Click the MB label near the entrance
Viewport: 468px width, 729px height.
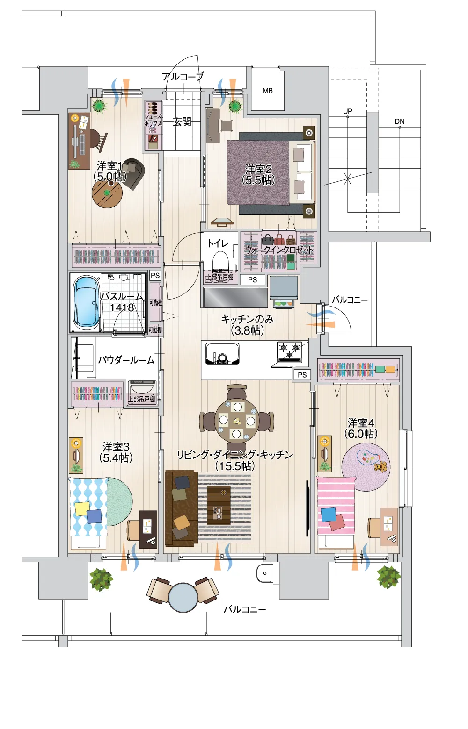pyautogui.click(x=268, y=91)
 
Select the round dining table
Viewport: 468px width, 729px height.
pyautogui.click(x=237, y=420)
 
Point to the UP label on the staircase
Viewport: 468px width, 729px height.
pyautogui.click(x=347, y=111)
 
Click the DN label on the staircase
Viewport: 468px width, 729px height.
pyautogui.click(x=400, y=121)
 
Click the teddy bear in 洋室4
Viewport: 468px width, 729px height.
pyautogui.click(x=381, y=467)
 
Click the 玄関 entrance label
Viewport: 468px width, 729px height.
pyautogui.click(x=182, y=121)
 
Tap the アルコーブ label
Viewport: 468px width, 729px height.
pyautogui.click(x=183, y=77)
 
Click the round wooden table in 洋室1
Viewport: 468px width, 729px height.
pyautogui.click(x=107, y=193)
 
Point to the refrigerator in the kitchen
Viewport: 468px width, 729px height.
pyautogui.click(x=284, y=291)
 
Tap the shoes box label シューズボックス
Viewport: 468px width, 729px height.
pyautogui.click(x=153, y=120)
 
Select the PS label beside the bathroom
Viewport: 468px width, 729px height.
pyautogui.click(x=155, y=275)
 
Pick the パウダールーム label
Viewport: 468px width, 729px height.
pyautogui.click(x=126, y=360)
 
